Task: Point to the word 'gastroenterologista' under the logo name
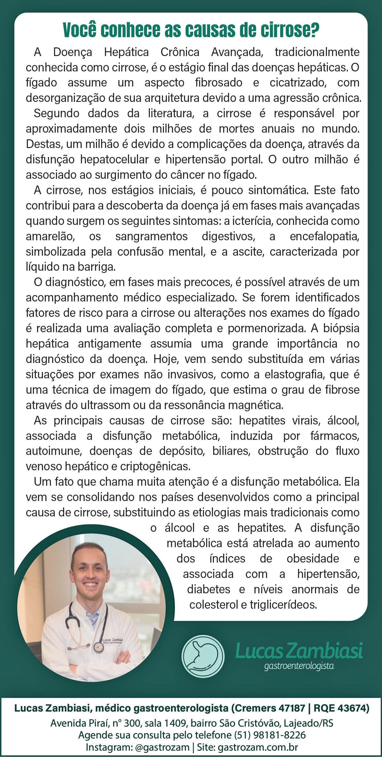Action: tap(299, 666)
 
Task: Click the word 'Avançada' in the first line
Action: tap(236, 52)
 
